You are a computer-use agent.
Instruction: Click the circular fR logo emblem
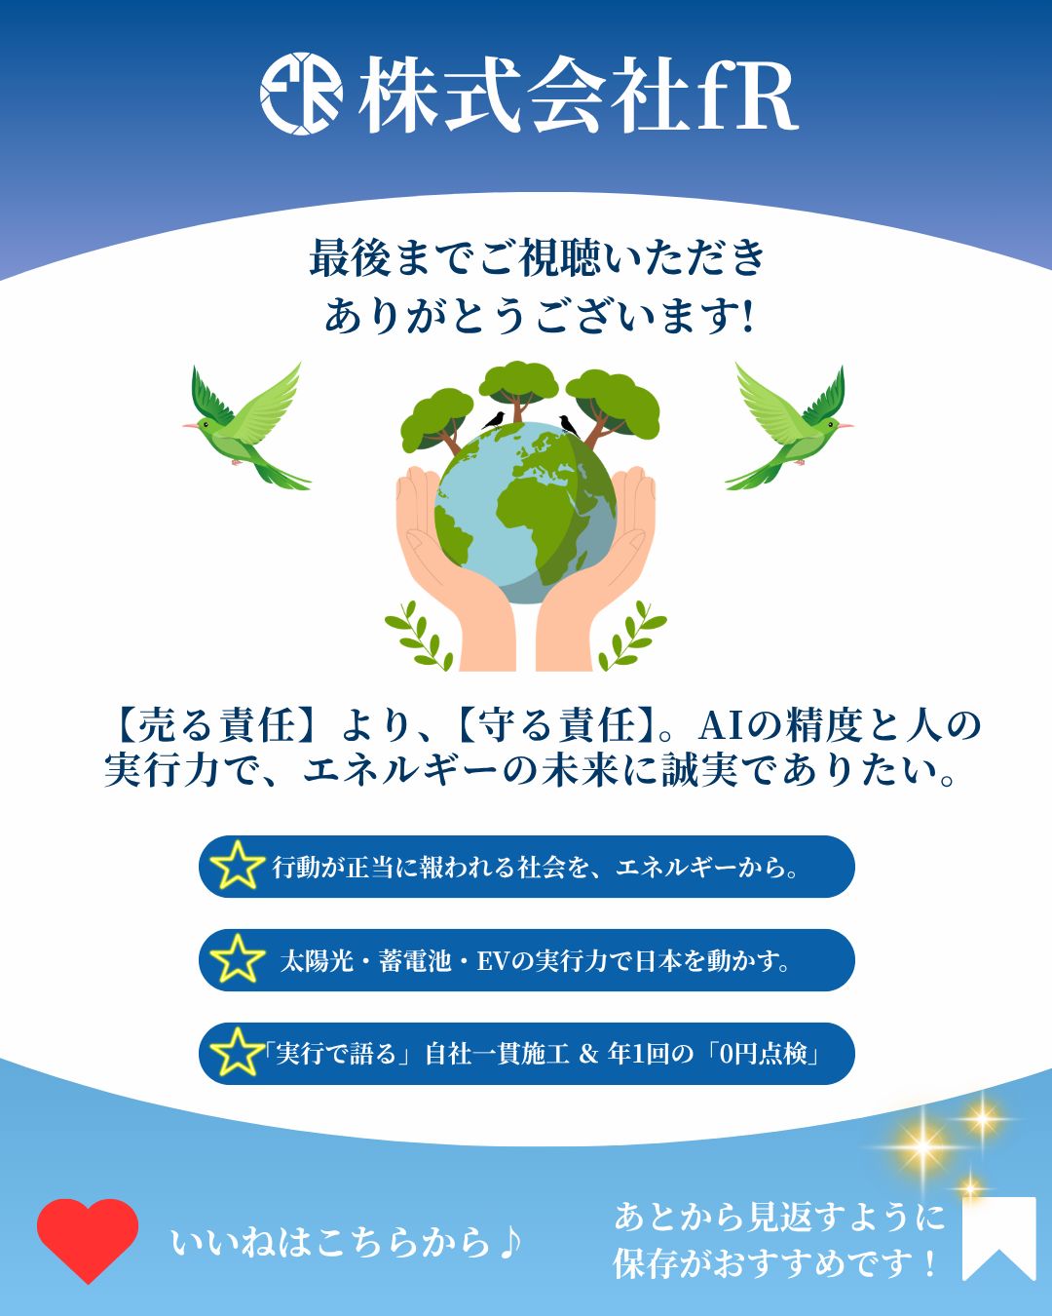301,94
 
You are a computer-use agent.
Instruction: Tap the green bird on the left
247,426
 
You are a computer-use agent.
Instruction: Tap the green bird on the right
789,426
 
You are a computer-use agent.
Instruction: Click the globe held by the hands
526,513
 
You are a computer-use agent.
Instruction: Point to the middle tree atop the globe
518,390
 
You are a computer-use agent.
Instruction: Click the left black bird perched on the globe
494,420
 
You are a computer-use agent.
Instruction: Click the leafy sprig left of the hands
419,636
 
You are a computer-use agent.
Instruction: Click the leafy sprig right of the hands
632,636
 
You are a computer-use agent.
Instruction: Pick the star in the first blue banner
237,866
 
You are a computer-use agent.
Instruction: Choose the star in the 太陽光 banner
237,959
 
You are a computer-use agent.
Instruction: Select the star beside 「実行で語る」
237,1053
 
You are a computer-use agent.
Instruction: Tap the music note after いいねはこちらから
508,1241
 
